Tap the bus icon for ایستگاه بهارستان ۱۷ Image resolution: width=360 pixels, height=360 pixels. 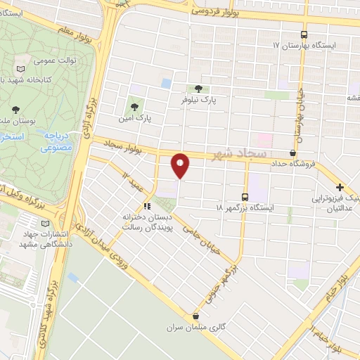[304, 34]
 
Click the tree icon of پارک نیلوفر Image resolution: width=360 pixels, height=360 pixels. [198, 89]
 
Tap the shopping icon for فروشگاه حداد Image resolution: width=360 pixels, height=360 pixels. [292, 153]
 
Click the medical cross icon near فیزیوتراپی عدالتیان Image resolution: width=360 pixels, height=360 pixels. [340, 187]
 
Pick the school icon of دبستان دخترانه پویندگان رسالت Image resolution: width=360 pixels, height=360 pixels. [147, 206]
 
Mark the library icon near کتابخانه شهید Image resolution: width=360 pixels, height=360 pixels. [20, 71]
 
